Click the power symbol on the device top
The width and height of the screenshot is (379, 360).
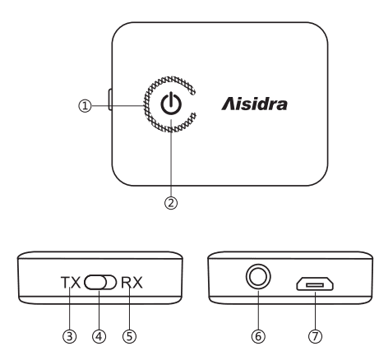[x=170, y=105]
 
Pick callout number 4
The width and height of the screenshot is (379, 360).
[x=99, y=335]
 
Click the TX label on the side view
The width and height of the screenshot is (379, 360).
[x=70, y=284]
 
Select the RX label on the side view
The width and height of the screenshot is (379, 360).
[x=131, y=284]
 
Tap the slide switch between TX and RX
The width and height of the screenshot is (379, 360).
[x=99, y=284]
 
